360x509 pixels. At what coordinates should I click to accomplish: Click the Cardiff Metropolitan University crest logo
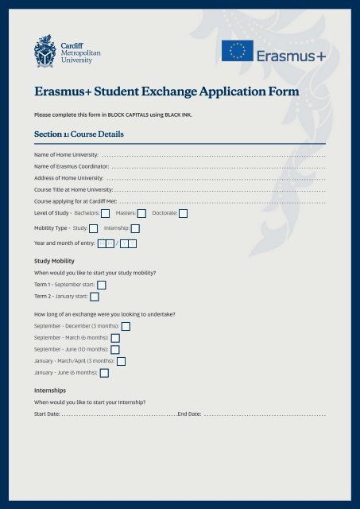pos(45,52)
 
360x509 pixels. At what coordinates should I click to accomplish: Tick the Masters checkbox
pos(141,213)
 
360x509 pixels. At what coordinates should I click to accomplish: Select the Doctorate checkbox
pos(184,213)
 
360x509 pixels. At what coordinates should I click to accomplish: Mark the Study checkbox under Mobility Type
pos(94,228)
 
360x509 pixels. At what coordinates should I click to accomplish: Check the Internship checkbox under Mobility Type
pos(135,228)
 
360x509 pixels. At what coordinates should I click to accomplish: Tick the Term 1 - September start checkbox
pos(101,284)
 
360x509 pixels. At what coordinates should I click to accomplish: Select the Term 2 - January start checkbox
pos(95,296)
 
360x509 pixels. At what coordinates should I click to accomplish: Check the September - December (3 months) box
pos(126,326)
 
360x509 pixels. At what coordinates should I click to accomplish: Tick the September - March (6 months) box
pos(115,338)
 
